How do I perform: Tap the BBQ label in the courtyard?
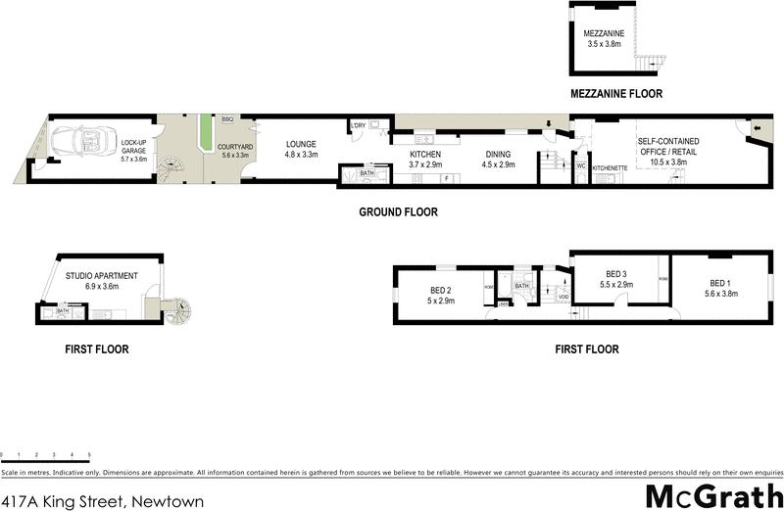227,118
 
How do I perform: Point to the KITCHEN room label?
425,155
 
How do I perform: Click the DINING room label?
496,155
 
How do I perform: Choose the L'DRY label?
360,124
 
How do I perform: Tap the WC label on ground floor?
581,167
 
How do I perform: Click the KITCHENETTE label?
610,167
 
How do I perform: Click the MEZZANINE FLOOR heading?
616,94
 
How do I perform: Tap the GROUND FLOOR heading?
398,211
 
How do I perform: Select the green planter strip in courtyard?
205,133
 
